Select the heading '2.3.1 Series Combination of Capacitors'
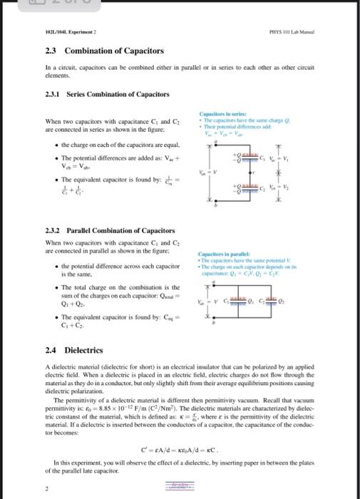click(108, 94)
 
